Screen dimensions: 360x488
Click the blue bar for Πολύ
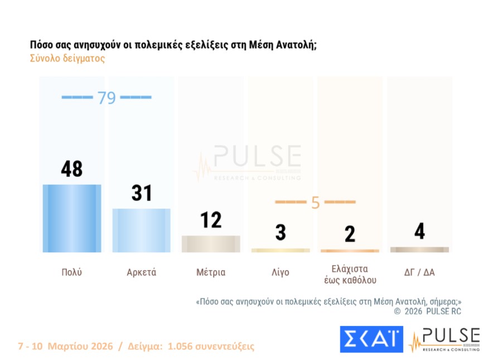[72, 218]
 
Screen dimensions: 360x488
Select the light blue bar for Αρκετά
[141, 231]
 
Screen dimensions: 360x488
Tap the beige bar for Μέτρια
[211, 244]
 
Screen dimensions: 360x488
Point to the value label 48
[72, 169]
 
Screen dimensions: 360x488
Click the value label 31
[142, 193]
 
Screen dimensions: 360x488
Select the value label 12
[211, 220]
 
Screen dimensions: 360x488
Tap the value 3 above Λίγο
[281, 232]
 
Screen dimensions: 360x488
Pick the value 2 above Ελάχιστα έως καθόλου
[350, 234]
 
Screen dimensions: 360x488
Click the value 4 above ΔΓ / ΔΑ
[419, 231]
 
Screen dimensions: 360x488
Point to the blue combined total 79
[106, 98]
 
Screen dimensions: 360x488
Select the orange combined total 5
[315, 203]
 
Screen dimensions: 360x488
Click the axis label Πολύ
[72, 273]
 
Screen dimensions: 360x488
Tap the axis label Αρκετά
[141, 273]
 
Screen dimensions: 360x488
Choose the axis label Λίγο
[281, 273]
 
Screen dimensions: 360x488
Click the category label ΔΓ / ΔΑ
[419, 273]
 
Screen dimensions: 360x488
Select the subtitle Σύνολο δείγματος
[67, 59]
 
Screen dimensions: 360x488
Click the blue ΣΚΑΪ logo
[371, 339]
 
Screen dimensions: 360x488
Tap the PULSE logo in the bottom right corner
[444, 340]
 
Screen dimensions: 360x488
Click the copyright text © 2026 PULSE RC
[427, 311]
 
